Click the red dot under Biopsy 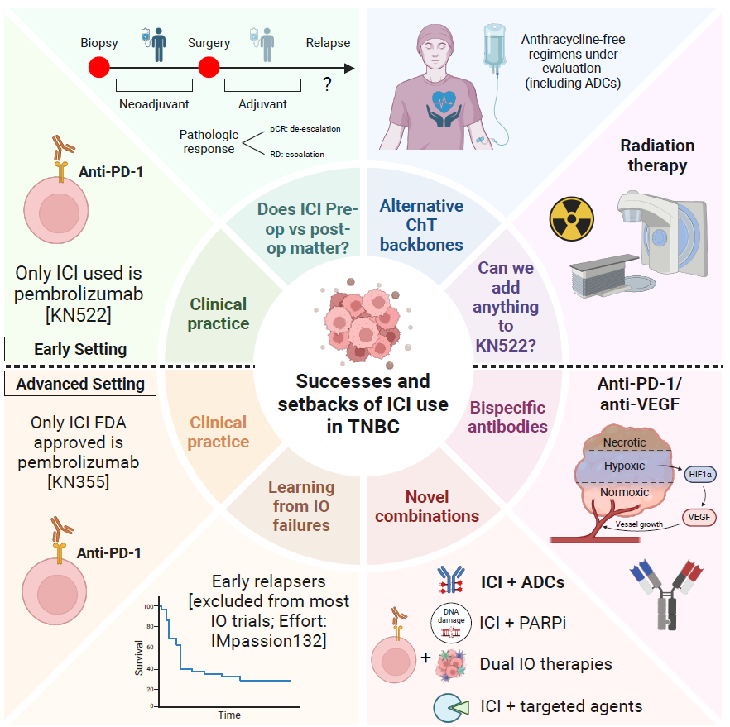[x=99, y=68]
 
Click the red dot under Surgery [x=209, y=68]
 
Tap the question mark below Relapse [x=327, y=84]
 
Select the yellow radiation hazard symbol [x=571, y=218]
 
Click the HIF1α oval [x=699, y=475]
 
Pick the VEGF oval [x=699, y=517]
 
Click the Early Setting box [x=80, y=349]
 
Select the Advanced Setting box [x=80, y=384]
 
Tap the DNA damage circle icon [x=450, y=623]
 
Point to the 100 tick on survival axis [x=148, y=606]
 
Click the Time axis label [x=229, y=715]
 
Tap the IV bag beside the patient [x=494, y=45]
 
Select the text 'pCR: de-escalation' [x=305, y=129]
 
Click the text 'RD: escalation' [x=297, y=155]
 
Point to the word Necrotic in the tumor [x=624, y=442]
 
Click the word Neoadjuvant [x=154, y=104]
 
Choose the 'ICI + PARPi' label [x=522, y=622]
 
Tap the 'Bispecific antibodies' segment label [x=507, y=417]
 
